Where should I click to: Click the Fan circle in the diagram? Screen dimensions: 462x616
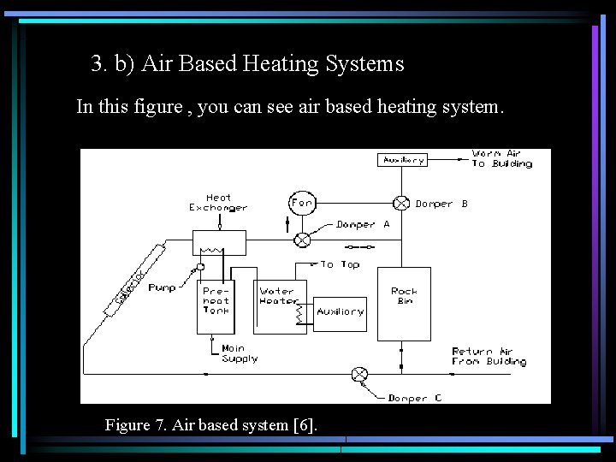[x=302, y=203]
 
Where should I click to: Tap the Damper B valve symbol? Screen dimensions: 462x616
[x=400, y=204]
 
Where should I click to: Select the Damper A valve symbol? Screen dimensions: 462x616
[x=302, y=240]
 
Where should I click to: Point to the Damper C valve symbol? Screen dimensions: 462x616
[x=359, y=374]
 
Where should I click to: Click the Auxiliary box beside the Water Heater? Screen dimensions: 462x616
[x=341, y=312]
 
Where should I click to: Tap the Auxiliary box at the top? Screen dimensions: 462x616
[x=403, y=160]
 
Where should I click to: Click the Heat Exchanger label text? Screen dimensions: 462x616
[x=218, y=203]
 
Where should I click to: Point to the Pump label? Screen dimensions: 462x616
[x=162, y=288]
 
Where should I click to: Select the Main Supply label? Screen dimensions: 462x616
[x=239, y=353]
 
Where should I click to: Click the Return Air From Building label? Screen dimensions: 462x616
[x=489, y=357]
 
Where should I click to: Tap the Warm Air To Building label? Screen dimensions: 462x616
[x=501, y=159]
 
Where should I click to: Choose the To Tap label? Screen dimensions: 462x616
[x=340, y=265]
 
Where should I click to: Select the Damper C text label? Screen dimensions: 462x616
[x=415, y=399]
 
